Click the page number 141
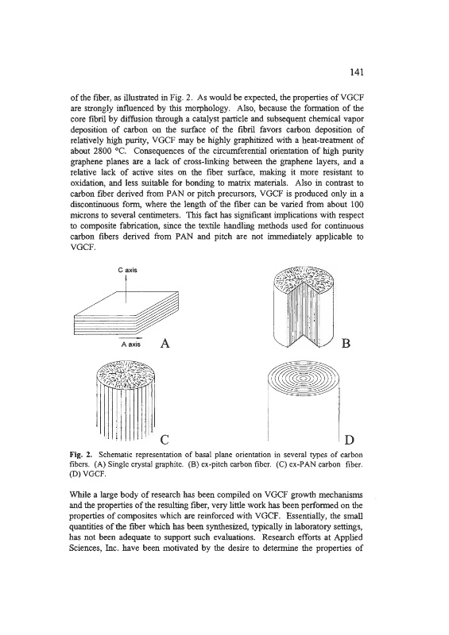[356, 72]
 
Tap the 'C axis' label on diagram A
[127, 270]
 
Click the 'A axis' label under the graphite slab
[130, 344]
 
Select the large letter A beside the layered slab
[165, 344]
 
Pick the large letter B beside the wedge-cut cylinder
[346, 344]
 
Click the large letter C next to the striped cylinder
[165, 440]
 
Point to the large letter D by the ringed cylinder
[349, 440]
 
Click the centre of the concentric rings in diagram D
[304, 379]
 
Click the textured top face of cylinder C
[126, 373]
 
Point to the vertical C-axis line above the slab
[126, 288]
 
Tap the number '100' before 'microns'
[356, 204]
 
